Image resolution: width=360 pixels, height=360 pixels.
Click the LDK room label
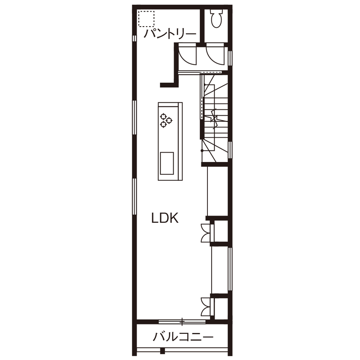click(165, 218)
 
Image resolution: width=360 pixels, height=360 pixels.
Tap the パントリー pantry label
click(170, 34)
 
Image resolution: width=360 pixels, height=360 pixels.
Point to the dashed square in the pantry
click(146, 19)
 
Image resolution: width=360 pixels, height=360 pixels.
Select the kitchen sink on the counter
click(167, 163)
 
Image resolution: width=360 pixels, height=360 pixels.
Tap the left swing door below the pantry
click(186, 55)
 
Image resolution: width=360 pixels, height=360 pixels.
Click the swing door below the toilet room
click(214, 55)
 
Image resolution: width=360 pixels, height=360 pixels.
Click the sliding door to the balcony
click(182, 321)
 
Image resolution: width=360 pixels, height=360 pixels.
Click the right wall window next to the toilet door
click(230, 58)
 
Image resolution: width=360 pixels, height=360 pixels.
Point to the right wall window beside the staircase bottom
click(230, 150)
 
